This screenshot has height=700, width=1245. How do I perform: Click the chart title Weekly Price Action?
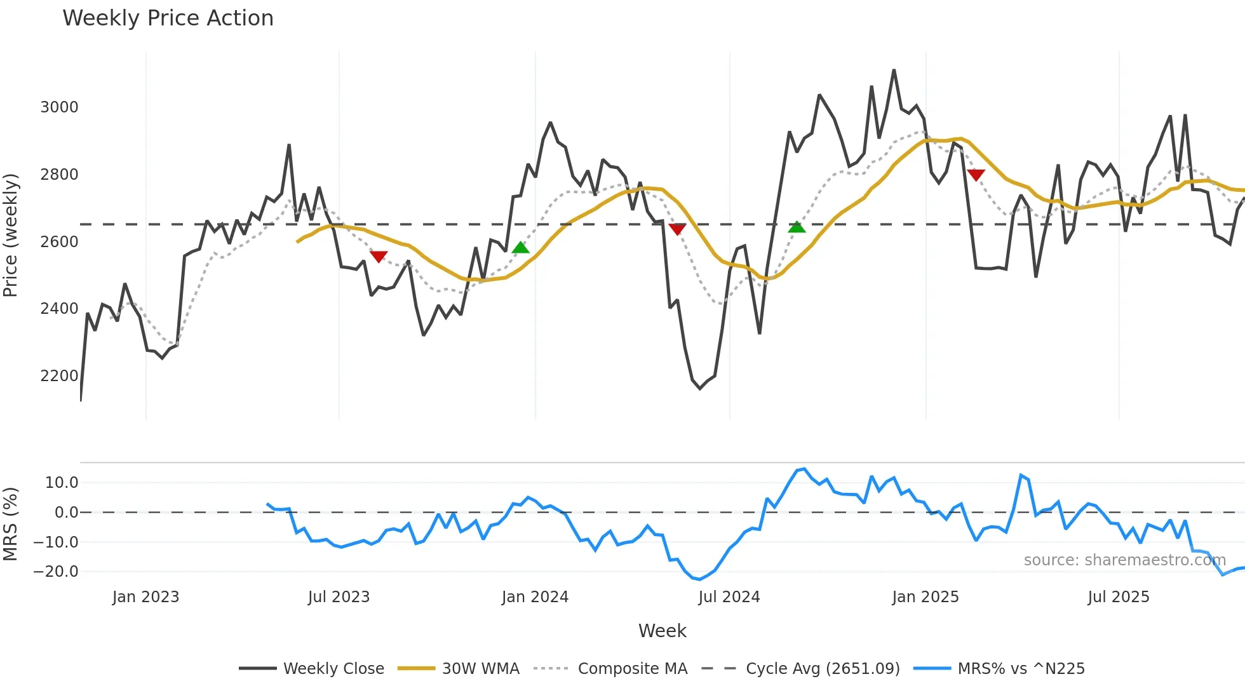(168, 18)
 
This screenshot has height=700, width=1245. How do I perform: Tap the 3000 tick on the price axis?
(59, 107)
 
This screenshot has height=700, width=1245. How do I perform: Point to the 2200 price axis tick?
(59, 376)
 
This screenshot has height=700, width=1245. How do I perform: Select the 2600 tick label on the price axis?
(59, 242)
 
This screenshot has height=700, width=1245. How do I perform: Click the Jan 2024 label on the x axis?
(535, 597)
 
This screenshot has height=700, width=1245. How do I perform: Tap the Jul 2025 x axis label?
(1118, 597)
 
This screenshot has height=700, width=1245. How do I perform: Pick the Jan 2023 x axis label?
(145, 597)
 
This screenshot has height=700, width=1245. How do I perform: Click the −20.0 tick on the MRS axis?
(56, 572)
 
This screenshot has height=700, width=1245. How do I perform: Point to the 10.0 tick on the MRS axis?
(61, 483)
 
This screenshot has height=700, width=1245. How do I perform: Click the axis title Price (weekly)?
(11, 235)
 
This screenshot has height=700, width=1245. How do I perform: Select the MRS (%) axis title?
(11, 524)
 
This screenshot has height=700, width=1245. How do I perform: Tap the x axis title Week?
(662, 631)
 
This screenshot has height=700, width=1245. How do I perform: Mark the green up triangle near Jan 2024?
(520, 248)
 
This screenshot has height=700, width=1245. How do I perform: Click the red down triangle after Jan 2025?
(976, 175)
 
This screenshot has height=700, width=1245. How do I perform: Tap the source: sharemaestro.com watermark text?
(1124, 560)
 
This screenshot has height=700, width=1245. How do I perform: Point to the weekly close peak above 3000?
(894, 71)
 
